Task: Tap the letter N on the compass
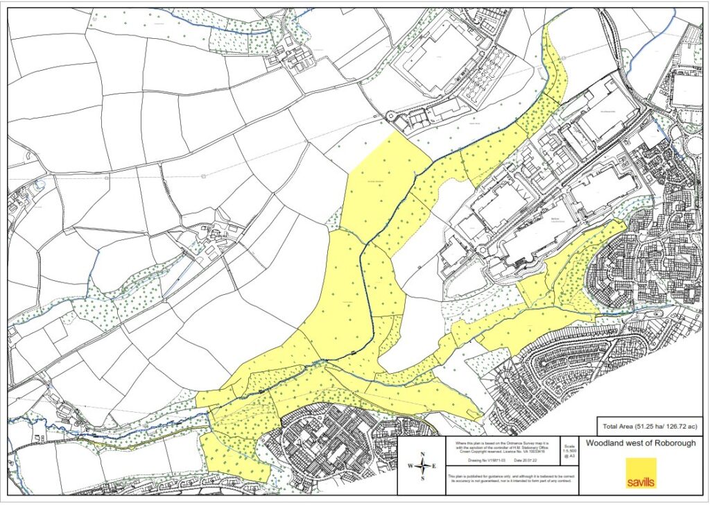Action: click(422, 454)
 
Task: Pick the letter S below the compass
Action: click(422, 478)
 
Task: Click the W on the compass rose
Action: click(410, 466)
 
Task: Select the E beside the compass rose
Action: click(435, 466)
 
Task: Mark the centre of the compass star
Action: click(422, 466)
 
